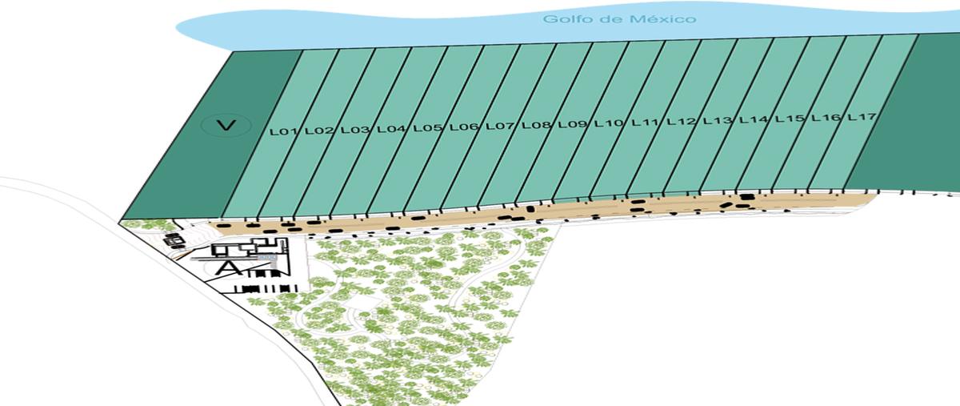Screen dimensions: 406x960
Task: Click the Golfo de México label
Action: tap(619, 19)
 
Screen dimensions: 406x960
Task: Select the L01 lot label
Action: tap(283, 131)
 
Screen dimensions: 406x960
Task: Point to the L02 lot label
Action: tap(319, 130)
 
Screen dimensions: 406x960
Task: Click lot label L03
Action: tap(355, 129)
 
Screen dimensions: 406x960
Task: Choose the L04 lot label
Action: tap(392, 128)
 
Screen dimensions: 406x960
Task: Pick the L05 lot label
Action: tap(428, 127)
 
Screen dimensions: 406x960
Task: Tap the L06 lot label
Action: tap(464, 127)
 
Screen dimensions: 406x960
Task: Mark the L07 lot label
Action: tap(500, 126)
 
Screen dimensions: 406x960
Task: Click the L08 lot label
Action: tap(536, 125)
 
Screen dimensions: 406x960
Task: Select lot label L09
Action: tap(573, 124)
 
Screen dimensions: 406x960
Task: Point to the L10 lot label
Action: tap(609, 123)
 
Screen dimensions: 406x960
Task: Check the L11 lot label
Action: tap(645, 123)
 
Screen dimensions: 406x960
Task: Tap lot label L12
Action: tap(681, 122)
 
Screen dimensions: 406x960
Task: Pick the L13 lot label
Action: tap(718, 121)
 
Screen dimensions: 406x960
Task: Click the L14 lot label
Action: tap(754, 120)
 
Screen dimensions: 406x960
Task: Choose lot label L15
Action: tap(790, 119)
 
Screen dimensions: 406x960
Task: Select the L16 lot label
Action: tap(826, 119)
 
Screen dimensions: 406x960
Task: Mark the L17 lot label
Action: tap(862, 118)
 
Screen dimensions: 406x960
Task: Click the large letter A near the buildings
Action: tap(228, 266)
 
